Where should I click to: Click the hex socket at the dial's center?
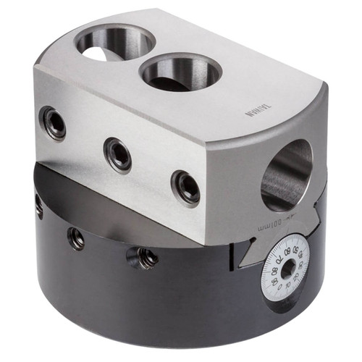pyautogui.click(x=288, y=269)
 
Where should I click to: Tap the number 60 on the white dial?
pyautogui.click(x=287, y=251)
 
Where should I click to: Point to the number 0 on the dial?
pyautogui.click(x=279, y=287)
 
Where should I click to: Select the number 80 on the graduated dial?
pyautogui.click(x=274, y=271)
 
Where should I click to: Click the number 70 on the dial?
pyautogui.click(x=279, y=260)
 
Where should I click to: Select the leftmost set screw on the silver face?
pyautogui.click(x=53, y=123)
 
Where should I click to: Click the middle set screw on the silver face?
pyautogui.click(x=117, y=153)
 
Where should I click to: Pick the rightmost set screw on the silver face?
pyautogui.click(x=186, y=188)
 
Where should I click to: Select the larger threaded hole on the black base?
pyautogui.click(x=143, y=256)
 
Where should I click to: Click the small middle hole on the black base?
pyautogui.click(x=76, y=237)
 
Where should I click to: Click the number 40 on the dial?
pyautogui.click(x=300, y=255)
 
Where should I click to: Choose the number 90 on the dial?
pyautogui.click(x=275, y=281)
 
